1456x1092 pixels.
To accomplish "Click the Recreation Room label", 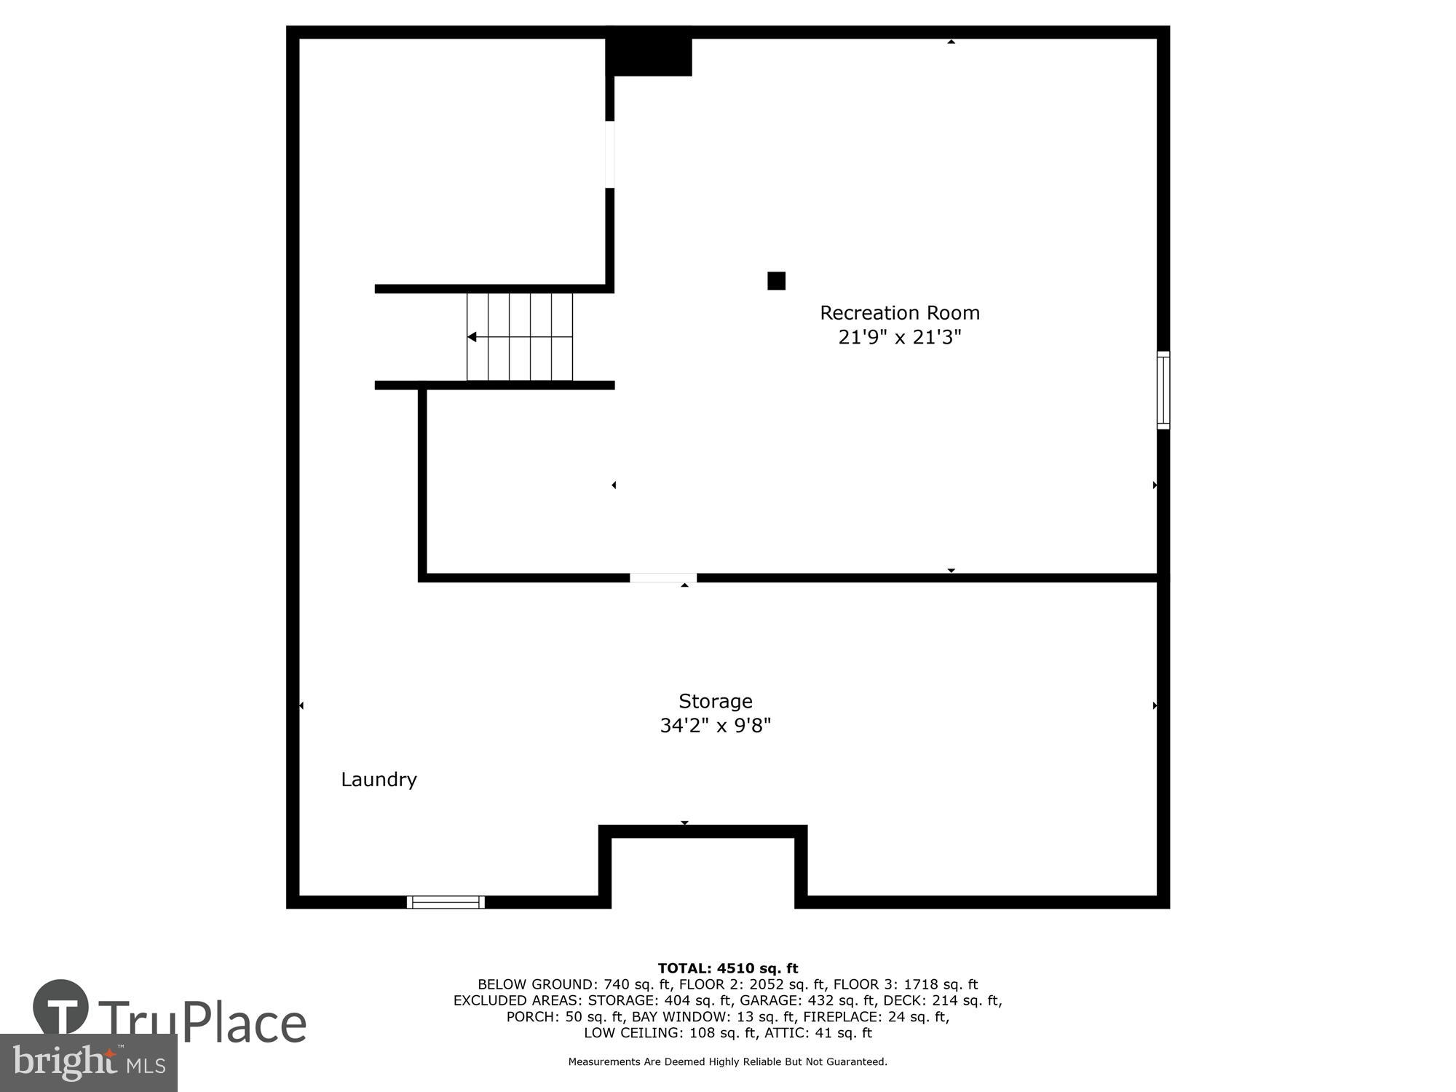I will pyautogui.click(x=900, y=313).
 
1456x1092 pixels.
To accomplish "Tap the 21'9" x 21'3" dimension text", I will pyautogui.click(x=900, y=338).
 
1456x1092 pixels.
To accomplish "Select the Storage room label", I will pyautogui.click(x=715, y=701).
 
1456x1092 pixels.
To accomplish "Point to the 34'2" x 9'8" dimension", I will pyautogui.click(x=715, y=726).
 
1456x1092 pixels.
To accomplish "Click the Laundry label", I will pyautogui.click(x=379, y=780).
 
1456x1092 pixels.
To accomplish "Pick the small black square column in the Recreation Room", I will pyautogui.click(x=777, y=281).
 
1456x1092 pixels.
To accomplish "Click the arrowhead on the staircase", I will pyautogui.click(x=472, y=337).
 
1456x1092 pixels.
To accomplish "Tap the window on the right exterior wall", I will pyautogui.click(x=1163, y=390).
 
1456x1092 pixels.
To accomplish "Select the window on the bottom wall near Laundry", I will pyautogui.click(x=446, y=902).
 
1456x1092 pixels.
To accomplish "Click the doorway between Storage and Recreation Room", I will pyautogui.click(x=662, y=578).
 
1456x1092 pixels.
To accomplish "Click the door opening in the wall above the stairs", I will pyautogui.click(x=610, y=154).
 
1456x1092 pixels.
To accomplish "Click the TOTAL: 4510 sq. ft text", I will pyautogui.click(x=728, y=968).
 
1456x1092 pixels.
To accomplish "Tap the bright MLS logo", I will pyautogui.click(x=89, y=1063).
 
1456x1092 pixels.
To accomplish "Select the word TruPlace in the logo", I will pyautogui.click(x=202, y=1022).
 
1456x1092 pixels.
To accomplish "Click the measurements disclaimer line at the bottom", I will pyautogui.click(x=728, y=1062).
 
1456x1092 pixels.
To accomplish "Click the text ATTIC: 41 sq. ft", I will pyautogui.click(x=818, y=1032).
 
